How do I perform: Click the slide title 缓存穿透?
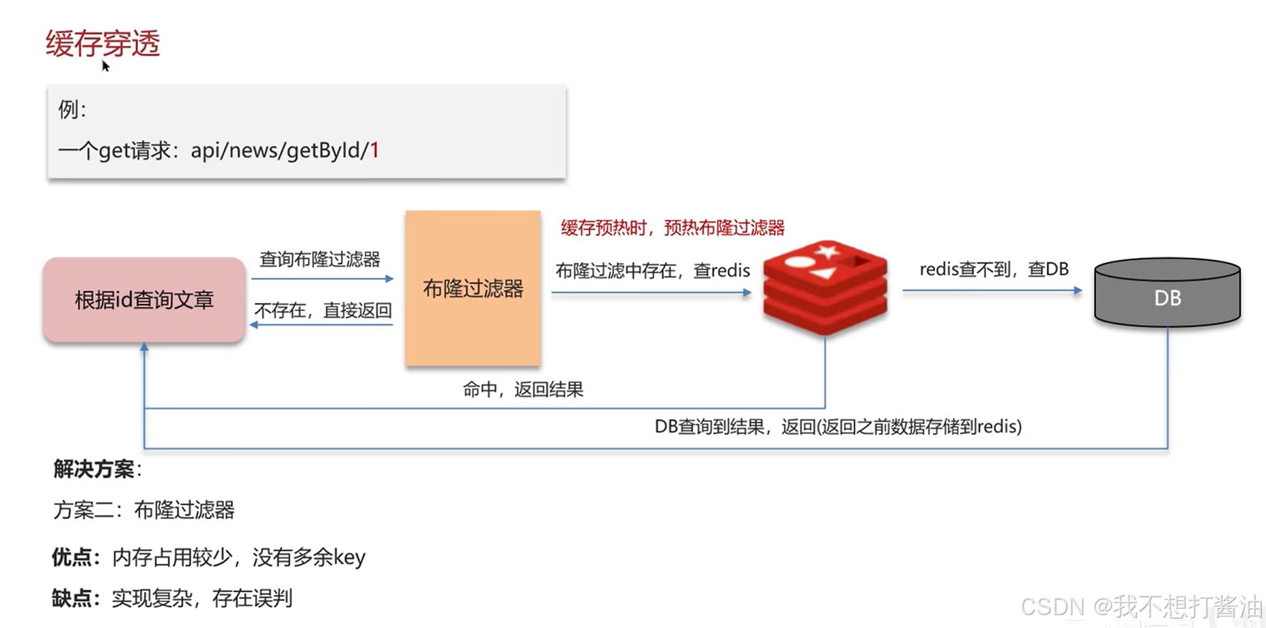103,43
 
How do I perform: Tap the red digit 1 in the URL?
374,150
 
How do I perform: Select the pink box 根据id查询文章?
144,300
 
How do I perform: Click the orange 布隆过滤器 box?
473,289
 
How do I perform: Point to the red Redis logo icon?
825,287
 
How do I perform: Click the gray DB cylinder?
1167,293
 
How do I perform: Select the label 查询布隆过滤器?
320,259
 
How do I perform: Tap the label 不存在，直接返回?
322,310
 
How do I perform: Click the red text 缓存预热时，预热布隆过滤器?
672,228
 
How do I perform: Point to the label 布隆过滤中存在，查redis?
652,270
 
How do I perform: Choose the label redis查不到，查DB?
994,269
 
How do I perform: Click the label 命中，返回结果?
523,389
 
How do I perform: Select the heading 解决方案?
94,469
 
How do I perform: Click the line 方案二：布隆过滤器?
144,510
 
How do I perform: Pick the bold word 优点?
73,557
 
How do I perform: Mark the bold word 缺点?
73,598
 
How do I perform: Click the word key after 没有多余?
350,558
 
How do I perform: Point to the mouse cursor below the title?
105,66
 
